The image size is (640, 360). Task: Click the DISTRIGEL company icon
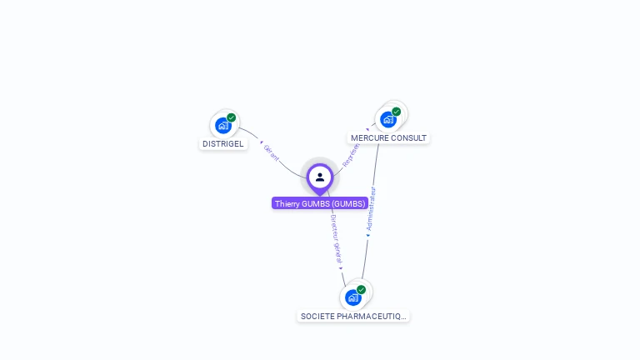point(222,126)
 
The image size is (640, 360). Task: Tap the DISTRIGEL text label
point(223,143)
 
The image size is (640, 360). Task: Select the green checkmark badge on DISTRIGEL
point(232,117)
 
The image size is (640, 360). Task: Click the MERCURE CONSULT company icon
point(387,119)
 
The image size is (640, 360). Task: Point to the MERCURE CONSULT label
point(388,137)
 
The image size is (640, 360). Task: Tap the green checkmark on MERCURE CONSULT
point(397,112)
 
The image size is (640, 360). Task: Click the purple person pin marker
point(320,177)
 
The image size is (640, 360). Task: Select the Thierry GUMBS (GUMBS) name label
point(320,203)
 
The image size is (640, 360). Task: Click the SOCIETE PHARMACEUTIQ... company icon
point(352,297)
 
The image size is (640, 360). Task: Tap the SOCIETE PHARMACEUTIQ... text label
point(353,317)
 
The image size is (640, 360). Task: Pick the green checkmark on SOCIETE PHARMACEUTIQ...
point(361,289)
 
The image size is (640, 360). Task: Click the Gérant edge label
point(272,152)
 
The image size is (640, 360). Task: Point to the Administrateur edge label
point(371,207)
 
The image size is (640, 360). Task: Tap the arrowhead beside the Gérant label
point(261,142)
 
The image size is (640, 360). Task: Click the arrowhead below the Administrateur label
point(367,236)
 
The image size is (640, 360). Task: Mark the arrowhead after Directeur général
point(341,267)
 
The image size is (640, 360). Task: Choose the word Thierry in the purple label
point(287,203)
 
